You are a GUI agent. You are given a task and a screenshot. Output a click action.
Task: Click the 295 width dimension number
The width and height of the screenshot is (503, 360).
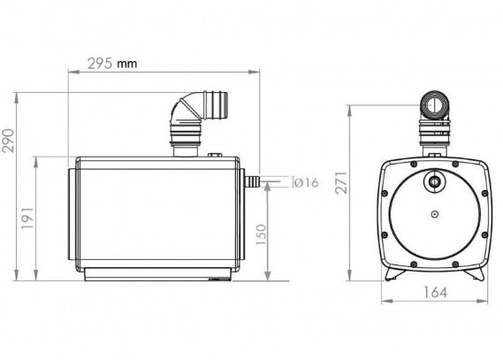coord(100,64)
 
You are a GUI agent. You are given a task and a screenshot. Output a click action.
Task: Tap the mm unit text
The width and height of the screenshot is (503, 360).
coord(126,64)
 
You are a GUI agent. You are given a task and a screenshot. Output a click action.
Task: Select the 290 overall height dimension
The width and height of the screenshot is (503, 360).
coord(8,141)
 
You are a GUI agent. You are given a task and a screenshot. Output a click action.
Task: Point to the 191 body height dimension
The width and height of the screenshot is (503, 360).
coord(27,218)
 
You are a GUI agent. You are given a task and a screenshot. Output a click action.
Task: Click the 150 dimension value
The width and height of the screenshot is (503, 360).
coord(262,234)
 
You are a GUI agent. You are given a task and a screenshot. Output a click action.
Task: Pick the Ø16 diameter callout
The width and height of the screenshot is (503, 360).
coord(306,182)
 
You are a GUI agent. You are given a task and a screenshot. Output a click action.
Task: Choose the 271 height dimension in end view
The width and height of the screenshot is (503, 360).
coord(341,182)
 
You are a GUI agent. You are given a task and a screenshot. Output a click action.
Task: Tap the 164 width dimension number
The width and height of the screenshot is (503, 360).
coord(435,292)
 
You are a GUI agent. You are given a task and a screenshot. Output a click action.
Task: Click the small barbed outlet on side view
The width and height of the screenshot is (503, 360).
coord(252,181)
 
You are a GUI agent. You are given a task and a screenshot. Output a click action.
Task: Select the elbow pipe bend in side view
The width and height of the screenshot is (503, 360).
coord(184,109)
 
